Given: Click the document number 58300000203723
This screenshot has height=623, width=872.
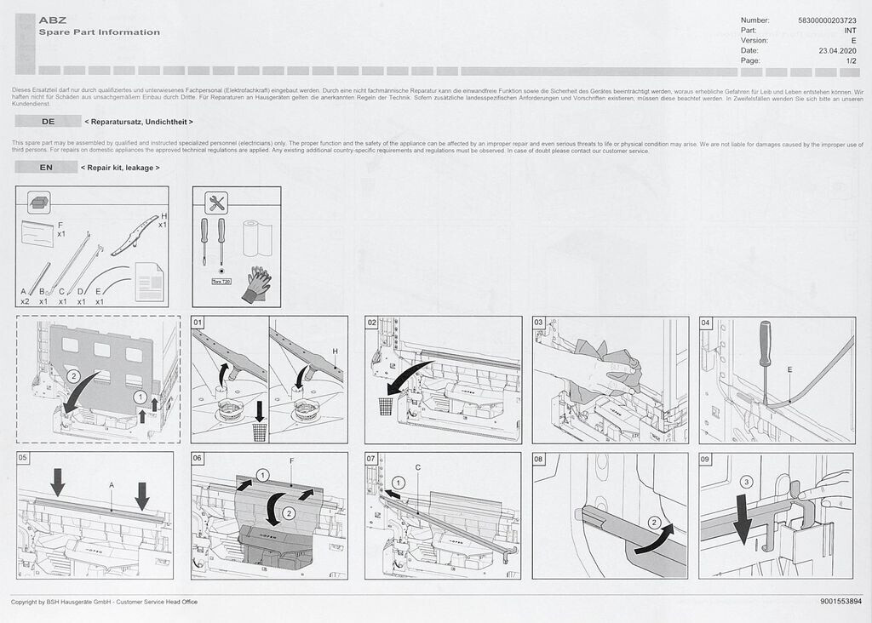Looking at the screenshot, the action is pyautogui.click(x=828, y=20).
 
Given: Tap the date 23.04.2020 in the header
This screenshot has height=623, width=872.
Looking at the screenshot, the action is pyautogui.click(x=836, y=50).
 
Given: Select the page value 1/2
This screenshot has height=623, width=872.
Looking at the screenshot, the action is pyautogui.click(x=851, y=60).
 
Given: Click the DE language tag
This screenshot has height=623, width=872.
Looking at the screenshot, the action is pyautogui.click(x=48, y=122).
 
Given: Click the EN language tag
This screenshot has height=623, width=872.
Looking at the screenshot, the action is pyautogui.click(x=47, y=168).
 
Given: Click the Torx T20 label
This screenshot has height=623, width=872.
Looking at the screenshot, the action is pyautogui.click(x=221, y=280).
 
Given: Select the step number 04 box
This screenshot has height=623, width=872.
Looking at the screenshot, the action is pyautogui.click(x=706, y=323).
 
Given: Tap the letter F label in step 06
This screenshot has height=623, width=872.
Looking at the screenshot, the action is pyautogui.click(x=291, y=460).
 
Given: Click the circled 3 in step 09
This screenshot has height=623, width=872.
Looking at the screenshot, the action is pyautogui.click(x=747, y=482).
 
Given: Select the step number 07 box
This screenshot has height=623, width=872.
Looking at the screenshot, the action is pyautogui.click(x=371, y=459).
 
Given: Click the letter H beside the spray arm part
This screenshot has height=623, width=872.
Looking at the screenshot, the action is pyautogui.click(x=164, y=216).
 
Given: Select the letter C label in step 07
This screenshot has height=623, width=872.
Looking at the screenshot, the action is pyautogui.click(x=418, y=467).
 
